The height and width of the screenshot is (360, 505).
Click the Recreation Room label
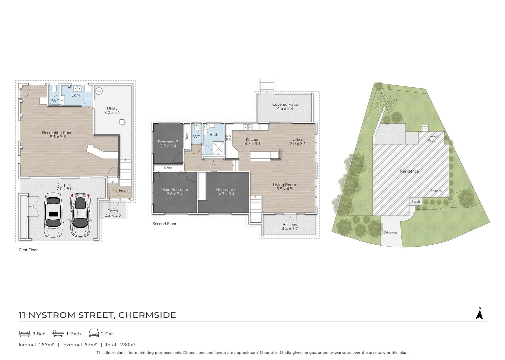[x=58, y=135]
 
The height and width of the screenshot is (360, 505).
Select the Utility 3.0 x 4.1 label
[x=112, y=111]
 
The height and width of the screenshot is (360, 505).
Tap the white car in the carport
[x=53, y=216]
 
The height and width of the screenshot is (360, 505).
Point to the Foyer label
[x=124, y=191]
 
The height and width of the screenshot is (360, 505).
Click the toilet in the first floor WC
[x=54, y=90]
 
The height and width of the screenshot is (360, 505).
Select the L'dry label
[x=76, y=95]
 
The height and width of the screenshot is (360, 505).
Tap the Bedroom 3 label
[x=168, y=144]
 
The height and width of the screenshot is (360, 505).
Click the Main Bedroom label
[x=175, y=192]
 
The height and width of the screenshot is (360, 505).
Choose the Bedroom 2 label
[x=226, y=192]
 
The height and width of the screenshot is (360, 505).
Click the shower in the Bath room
[x=219, y=148]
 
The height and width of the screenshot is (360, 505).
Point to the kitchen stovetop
[x=229, y=137]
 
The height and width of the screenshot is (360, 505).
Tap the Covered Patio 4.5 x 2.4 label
[x=285, y=106]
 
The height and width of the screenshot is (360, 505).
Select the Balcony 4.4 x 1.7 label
[x=290, y=227]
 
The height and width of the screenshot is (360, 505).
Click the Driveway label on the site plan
[x=390, y=232]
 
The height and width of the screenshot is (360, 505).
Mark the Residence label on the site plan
[x=409, y=171]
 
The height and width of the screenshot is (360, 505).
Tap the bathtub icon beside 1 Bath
[x=58, y=333]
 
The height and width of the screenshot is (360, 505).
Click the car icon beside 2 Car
[x=94, y=333]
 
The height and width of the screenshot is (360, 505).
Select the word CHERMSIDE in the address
[x=147, y=315]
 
